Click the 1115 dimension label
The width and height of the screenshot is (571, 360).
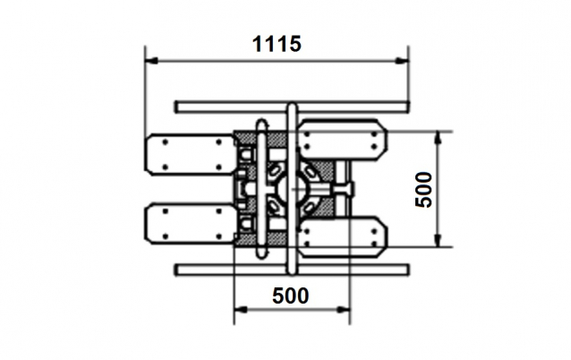[277, 44]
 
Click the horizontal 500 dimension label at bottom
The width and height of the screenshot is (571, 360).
[291, 296]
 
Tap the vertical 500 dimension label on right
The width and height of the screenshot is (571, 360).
[423, 190]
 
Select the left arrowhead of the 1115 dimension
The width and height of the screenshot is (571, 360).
[151, 61]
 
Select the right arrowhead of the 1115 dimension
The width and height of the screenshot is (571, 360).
[402, 61]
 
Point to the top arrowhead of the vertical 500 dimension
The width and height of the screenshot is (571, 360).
[438, 138]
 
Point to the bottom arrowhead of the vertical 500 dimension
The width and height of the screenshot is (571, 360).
[438, 241]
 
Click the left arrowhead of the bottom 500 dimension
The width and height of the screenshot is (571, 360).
[241, 310]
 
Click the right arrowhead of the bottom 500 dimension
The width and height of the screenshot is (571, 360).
[344, 310]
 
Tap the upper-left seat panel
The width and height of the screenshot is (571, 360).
[191, 155]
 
